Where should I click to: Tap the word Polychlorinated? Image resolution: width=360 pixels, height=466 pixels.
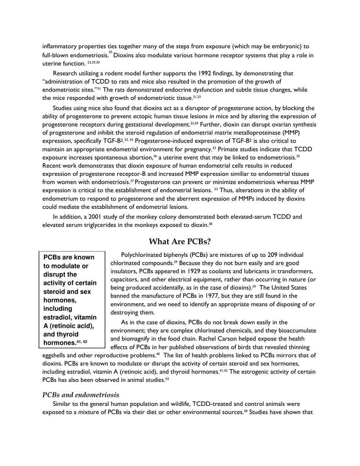pyautogui.click(x=141, y=255)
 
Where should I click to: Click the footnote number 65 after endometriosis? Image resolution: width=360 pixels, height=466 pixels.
pyautogui.click(x=110, y=53)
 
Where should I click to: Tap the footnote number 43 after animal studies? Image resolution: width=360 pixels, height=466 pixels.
pyautogui.click(x=167, y=378)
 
